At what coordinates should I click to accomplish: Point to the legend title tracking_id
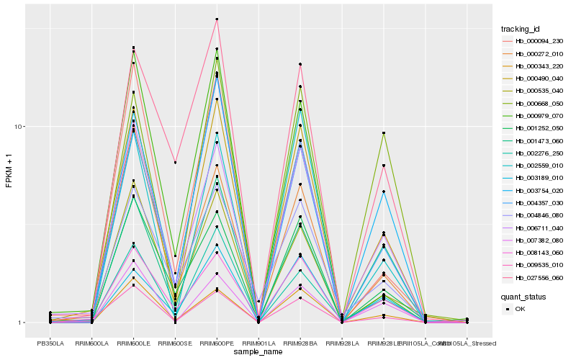[x=521, y=29]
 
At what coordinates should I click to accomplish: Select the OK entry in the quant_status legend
[x=520, y=308]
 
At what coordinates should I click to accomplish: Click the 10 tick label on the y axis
[x=20, y=127]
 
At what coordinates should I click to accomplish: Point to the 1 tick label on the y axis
[x=22, y=323]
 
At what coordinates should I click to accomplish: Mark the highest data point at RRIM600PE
[x=217, y=19]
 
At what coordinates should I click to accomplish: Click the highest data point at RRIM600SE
[x=175, y=163]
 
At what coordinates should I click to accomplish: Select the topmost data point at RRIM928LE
[x=384, y=133]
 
